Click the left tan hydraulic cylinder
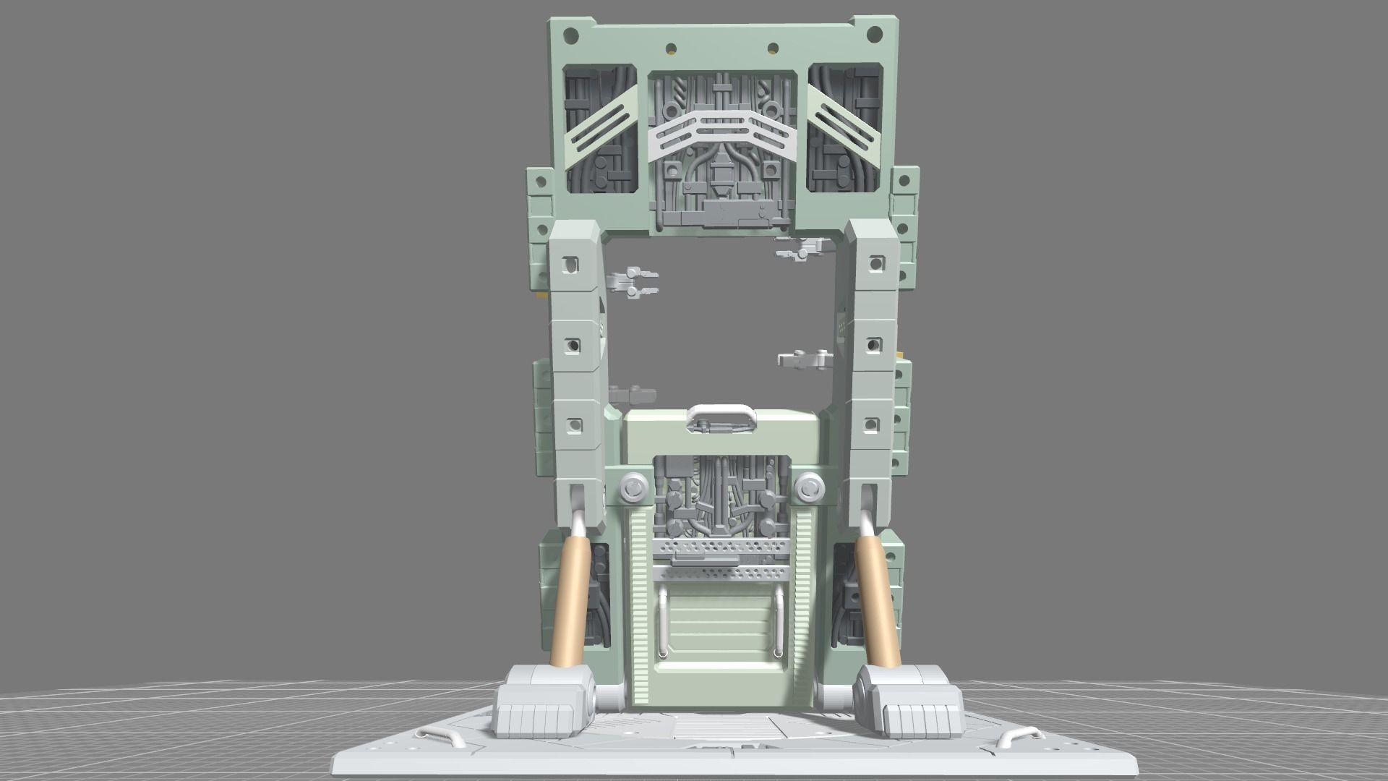[x=570, y=600]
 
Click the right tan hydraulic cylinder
[x=877, y=600]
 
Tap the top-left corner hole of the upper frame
[x=571, y=33]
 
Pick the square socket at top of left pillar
[x=572, y=265]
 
